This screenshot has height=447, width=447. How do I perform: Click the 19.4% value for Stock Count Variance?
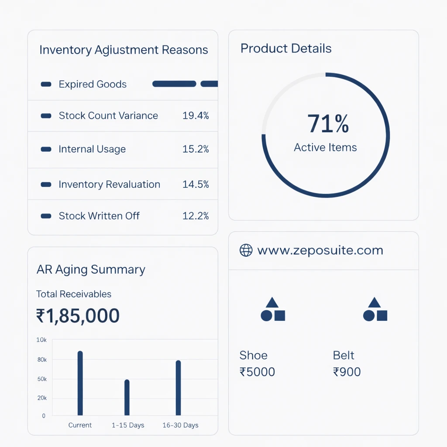[x=196, y=116]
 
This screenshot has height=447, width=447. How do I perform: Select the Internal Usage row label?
[x=92, y=149]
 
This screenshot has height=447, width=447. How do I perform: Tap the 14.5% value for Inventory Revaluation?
[x=196, y=184]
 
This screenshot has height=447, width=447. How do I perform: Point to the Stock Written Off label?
[x=99, y=216]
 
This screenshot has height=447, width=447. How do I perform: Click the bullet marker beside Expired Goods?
[x=46, y=84]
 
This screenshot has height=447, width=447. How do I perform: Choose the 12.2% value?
[x=196, y=216]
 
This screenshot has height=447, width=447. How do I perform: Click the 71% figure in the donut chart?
[x=328, y=124]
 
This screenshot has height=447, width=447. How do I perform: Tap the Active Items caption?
[x=325, y=148]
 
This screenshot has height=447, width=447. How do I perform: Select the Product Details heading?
[x=286, y=48]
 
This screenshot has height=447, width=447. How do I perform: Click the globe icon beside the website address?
[x=246, y=251]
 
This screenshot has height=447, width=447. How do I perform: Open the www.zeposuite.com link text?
[x=320, y=251]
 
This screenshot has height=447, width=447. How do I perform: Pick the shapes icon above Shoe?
[x=273, y=309]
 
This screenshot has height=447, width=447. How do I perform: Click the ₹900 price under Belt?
[x=347, y=372]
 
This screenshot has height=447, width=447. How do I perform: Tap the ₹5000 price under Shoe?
[x=257, y=372]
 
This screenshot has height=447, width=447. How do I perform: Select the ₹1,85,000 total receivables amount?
[x=78, y=316]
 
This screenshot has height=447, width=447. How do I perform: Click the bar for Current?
[x=80, y=383]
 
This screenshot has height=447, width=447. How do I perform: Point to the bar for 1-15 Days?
[x=127, y=397]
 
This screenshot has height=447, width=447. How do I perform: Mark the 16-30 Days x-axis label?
[x=180, y=425]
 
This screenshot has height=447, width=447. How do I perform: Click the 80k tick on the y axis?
[x=42, y=360]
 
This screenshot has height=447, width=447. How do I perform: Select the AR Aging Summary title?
[x=91, y=270]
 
